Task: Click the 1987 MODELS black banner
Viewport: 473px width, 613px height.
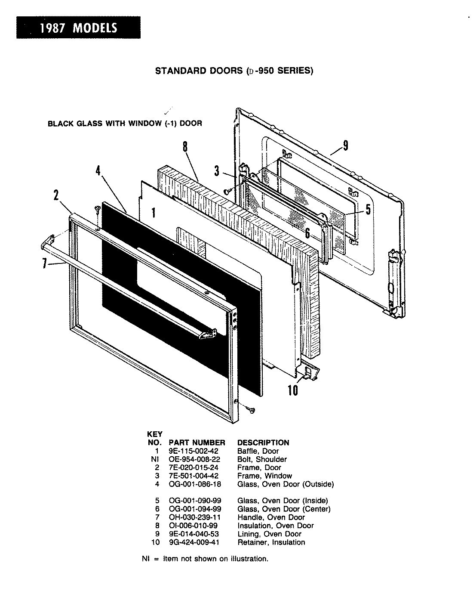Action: click(78, 28)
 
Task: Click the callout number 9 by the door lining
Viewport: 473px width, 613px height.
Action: click(345, 146)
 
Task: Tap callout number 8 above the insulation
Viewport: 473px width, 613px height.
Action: click(185, 147)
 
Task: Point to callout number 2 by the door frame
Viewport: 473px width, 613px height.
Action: click(56, 195)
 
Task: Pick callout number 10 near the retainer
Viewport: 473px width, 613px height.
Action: click(292, 390)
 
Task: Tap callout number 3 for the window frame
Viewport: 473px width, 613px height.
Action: click(217, 171)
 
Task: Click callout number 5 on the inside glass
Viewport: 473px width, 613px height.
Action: click(368, 209)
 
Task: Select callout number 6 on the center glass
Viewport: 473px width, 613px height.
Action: click(307, 233)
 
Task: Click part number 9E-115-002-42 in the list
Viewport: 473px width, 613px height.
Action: click(193, 451)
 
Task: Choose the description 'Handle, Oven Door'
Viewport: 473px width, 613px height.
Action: click(271, 517)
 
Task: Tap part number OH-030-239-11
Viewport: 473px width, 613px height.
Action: click(194, 517)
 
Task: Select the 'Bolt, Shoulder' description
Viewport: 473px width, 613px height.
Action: click(262, 459)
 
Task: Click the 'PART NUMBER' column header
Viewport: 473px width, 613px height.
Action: click(197, 443)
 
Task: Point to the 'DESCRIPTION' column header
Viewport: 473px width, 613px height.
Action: click(263, 443)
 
